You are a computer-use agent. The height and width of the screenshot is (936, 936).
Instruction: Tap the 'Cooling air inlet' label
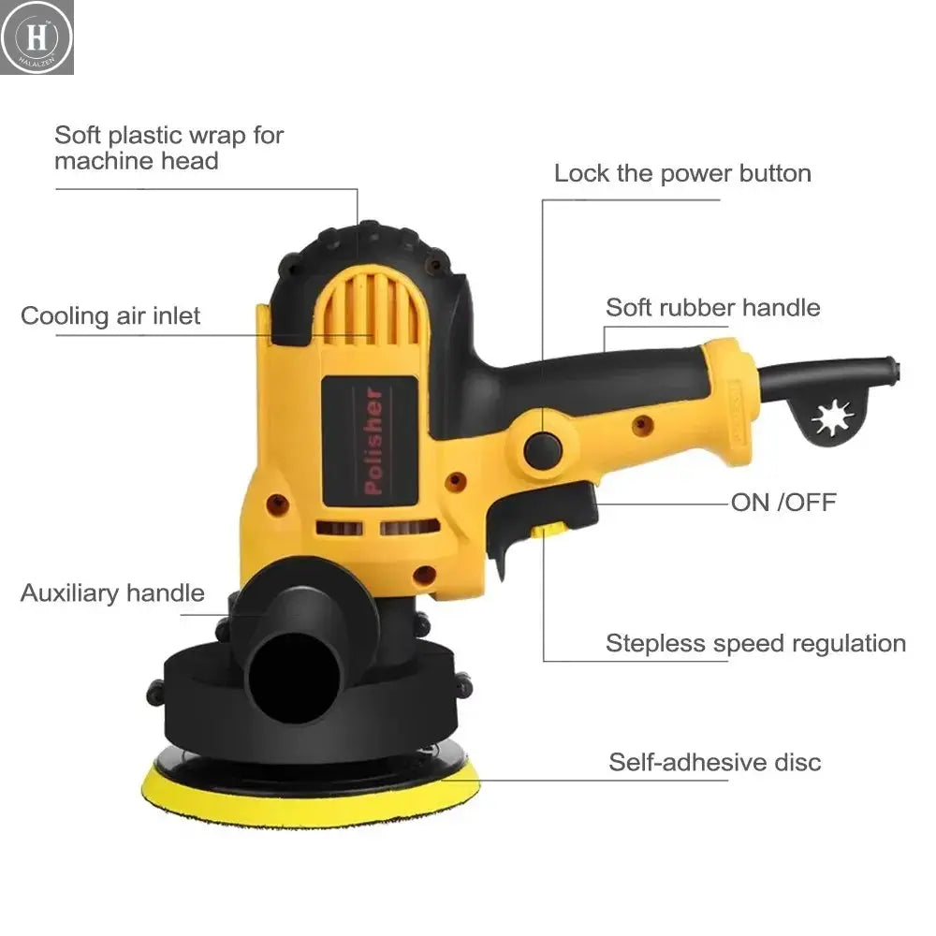(x=110, y=315)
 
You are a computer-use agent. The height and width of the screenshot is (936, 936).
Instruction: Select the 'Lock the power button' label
(x=682, y=173)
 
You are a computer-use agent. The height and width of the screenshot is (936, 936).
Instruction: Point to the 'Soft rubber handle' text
(x=712, y=307)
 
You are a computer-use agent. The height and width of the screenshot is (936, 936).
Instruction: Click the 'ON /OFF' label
(x=782, y=502)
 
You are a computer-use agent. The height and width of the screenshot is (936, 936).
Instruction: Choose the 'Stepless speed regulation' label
(x=755, y=643)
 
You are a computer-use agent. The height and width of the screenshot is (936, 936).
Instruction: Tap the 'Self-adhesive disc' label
(x=714, y=761)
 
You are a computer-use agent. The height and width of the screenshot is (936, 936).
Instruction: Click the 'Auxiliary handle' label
(x=112, y=592)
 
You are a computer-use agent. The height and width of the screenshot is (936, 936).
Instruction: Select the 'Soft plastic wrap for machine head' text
(x=168, y=148)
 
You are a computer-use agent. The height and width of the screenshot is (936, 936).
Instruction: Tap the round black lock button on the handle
(x=542, y=451)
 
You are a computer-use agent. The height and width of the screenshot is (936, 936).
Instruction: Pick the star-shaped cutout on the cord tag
(x=830, y=417)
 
